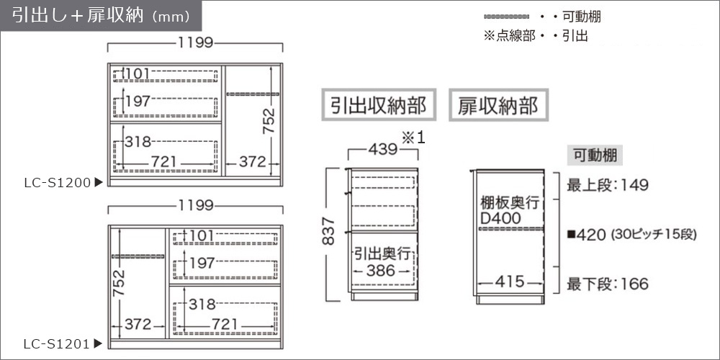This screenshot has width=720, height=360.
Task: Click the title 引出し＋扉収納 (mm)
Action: coord(101,16)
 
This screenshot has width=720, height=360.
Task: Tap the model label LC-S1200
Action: coord(58,183)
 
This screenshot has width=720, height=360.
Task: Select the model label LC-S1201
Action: coord(58,343)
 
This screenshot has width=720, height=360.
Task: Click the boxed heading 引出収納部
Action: coord(379,105)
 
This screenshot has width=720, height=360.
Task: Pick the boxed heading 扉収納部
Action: coord(498,105)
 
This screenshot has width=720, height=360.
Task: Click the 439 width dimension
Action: coord(383,150)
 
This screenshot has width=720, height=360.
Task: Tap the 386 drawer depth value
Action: coord(381,271)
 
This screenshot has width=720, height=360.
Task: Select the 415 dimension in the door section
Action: coord(510,282)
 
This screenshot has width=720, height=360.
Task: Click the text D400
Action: coord(501,219)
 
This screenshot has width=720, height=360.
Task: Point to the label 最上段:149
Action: coord(608,186)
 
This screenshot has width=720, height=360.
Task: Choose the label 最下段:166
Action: coord(608,284)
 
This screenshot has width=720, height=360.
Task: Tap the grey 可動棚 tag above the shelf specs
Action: coord(595,156)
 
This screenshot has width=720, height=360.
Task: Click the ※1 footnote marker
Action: coord(414,138)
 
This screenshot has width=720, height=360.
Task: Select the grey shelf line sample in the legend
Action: coord(506,17)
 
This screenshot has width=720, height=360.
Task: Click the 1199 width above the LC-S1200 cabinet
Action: coord(195,43)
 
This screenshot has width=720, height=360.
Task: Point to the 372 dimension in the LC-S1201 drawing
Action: coord(138,325)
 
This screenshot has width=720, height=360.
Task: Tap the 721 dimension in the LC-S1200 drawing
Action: coord(164,161)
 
